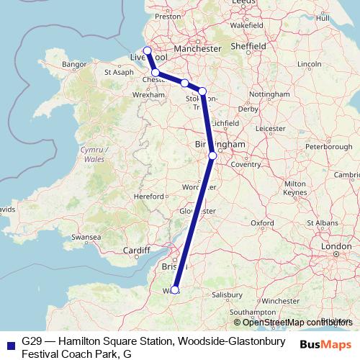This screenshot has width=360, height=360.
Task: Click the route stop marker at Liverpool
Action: [148, 50]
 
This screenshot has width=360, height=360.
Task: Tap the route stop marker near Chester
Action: [156, 73]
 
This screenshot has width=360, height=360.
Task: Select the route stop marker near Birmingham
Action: [212, 155]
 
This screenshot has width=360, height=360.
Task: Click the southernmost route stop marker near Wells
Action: [174, 290]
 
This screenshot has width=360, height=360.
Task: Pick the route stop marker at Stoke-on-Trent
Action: [202, 91]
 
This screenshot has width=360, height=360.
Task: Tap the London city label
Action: [336, 246]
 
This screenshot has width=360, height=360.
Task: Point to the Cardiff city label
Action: [136, 251]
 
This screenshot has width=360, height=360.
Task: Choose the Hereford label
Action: [149, 196]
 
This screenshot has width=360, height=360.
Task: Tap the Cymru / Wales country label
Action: [94, 153]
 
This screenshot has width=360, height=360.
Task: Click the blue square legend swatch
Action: [10, 345]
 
